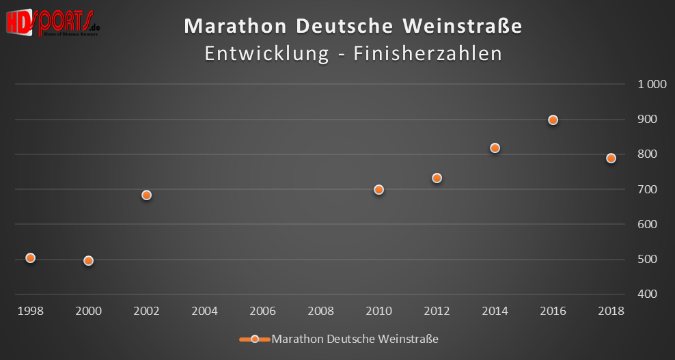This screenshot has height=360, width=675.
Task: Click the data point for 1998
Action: coord(30,258)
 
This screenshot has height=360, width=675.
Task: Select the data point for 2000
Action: coord(88,260)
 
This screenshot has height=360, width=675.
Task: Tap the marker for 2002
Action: coord(146,195)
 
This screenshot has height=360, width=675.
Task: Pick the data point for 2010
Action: coord(379,190)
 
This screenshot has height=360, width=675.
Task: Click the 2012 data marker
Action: coord(437,178)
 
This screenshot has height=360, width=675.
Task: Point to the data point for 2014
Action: coord(495,148)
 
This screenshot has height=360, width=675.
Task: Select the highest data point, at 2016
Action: coord(553,120)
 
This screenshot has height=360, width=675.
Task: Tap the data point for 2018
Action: coord(611,158)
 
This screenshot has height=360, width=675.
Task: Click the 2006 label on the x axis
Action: coord(263,311)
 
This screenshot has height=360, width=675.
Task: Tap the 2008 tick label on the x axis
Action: coord(321,311)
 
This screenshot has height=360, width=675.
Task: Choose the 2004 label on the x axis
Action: coord(205,311)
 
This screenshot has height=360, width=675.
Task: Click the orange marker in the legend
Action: coord(254,339)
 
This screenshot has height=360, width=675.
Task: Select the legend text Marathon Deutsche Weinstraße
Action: coord(355,339)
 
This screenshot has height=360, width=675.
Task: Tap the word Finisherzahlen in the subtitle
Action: coord(428,54)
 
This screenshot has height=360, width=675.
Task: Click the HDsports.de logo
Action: coord(53,23)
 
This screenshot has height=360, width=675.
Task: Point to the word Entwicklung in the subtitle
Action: coord(267,54)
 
